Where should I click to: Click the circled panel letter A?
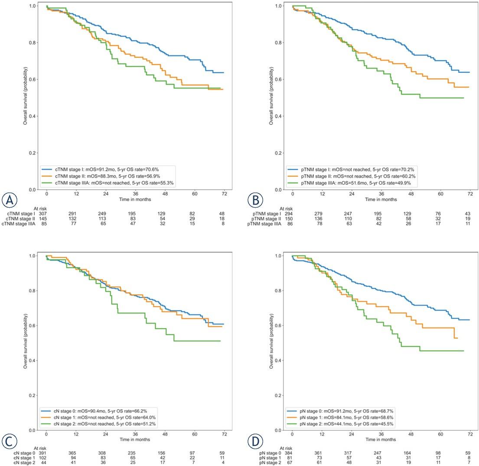tap(10, 200)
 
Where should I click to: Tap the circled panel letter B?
tap(256, 200)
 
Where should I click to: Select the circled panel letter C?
tap(10, 441)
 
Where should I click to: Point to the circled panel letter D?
tap(256, 441)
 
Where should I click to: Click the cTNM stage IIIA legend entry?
tap(108, 183)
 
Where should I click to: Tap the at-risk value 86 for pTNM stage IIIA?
tap(290, 224)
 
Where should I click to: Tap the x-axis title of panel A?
tap(135, 199)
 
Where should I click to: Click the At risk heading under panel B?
tap(286, 209)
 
